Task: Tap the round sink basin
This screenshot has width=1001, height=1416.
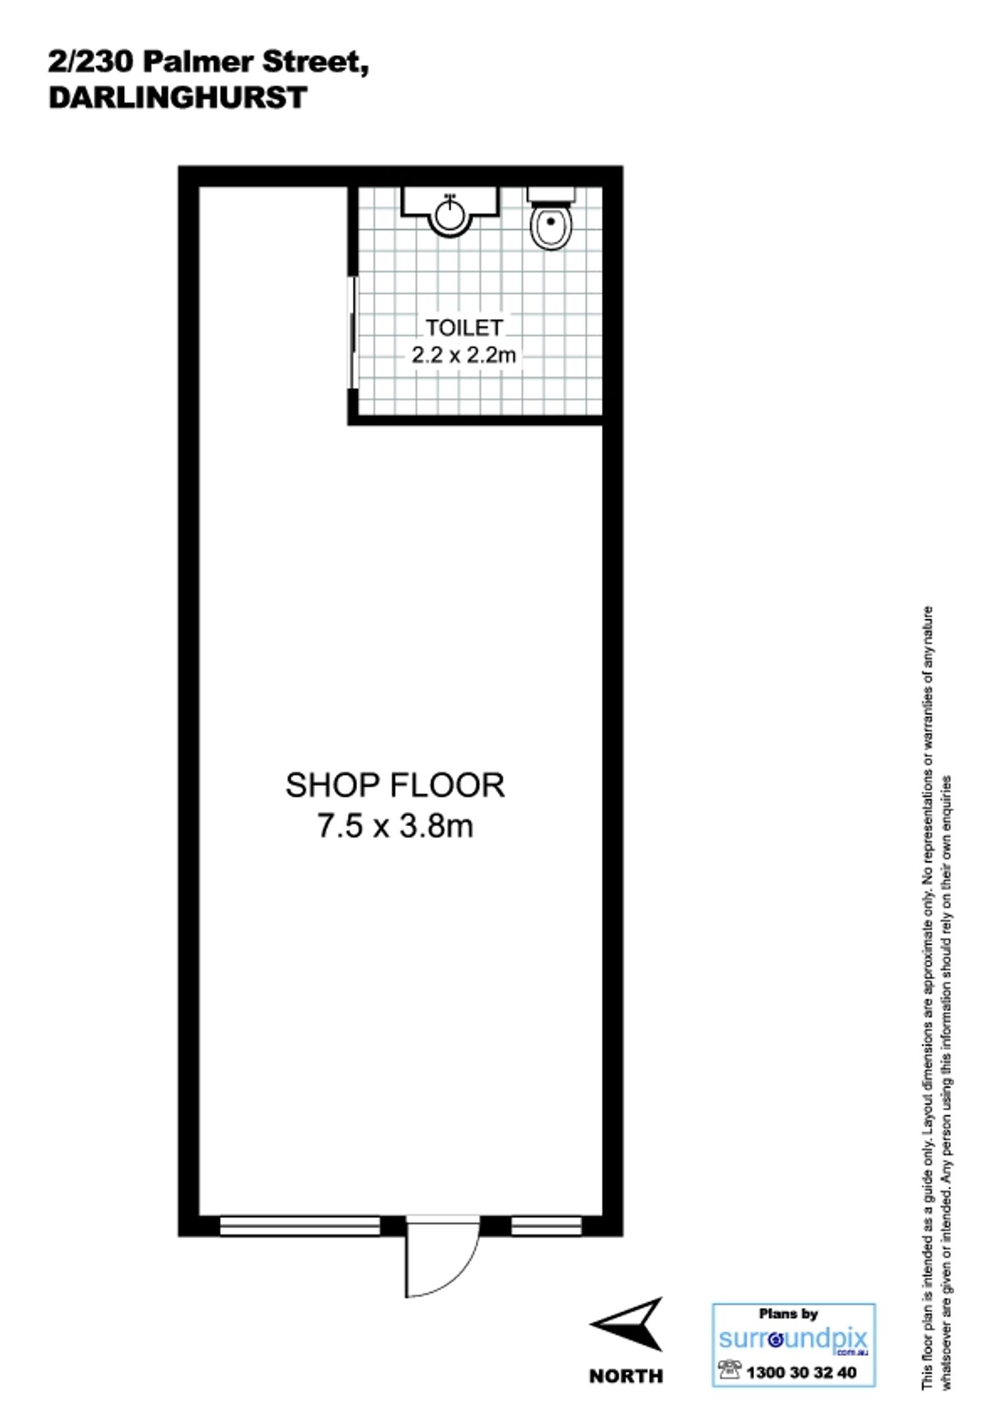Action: (450, 215)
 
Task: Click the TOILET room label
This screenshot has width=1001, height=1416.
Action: (464, 328)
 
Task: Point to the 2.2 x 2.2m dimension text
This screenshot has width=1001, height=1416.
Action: (464, 355)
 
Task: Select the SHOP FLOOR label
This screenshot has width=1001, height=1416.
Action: (395, 785)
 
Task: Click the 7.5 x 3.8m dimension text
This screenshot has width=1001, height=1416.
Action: (395, 827)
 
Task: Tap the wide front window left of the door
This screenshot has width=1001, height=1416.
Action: (300, 1226)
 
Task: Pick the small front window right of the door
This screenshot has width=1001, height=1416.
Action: (547, 1226)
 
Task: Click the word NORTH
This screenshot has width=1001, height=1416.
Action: (626, 1375)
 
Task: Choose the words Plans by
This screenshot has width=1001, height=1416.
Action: (788, 1315)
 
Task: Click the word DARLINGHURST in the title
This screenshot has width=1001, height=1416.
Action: (178, 97)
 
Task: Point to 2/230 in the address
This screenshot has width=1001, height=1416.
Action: (92, 63)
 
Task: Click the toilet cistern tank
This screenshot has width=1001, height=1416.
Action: (551, 194)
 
